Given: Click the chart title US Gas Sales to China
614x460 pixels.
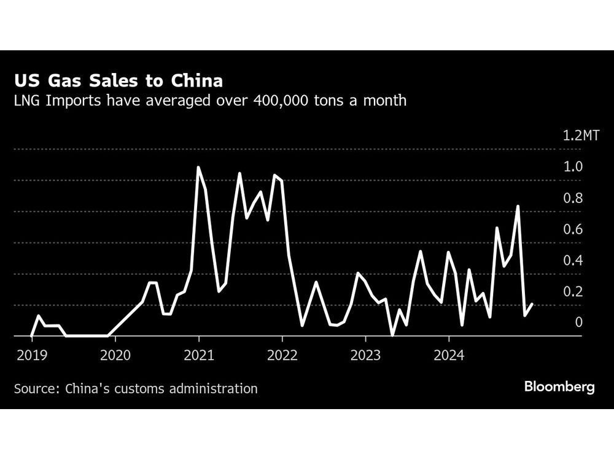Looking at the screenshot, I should tap(119, 81).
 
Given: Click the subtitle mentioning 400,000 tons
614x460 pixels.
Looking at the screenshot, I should tap(210, 101).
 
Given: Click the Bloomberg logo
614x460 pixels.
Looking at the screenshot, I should tap(559, 387).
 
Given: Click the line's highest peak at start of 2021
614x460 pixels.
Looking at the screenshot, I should tap(198, 167).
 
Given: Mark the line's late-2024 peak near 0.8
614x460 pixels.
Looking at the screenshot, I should tap(518, 206).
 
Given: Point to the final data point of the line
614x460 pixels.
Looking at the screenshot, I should tap(532, 304).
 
